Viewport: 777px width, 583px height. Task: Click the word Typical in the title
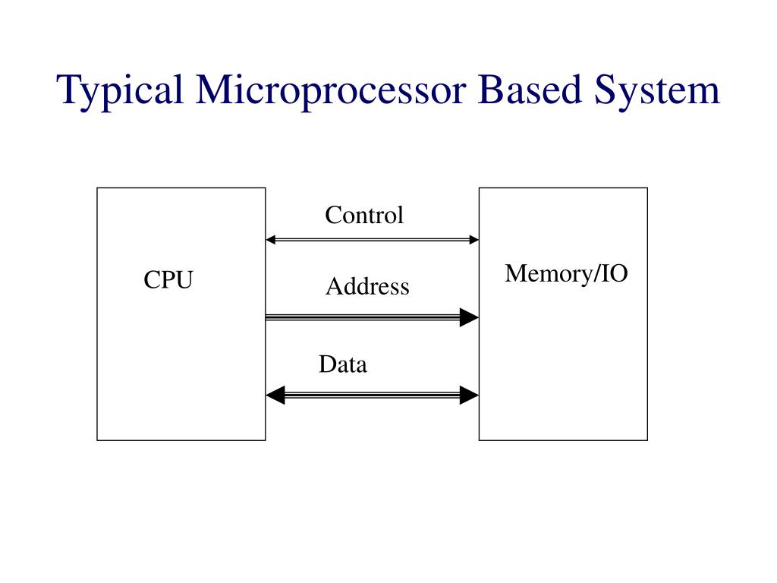121,91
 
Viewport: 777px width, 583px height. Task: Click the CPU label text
168,281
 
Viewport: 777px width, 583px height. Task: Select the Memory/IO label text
566,273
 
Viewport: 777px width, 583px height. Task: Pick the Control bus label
364,216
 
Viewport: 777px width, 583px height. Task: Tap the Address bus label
367,287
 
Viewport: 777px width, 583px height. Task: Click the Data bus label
342,365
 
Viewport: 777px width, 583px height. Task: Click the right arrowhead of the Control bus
473,240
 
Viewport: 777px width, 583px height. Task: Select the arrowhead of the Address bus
470,317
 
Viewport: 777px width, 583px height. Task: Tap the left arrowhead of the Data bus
275,395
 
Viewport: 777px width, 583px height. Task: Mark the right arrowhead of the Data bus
470,395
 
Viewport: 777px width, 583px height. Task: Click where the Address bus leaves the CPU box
267,317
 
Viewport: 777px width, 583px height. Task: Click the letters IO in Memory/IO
615,273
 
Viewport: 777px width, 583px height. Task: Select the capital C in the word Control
332,216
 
